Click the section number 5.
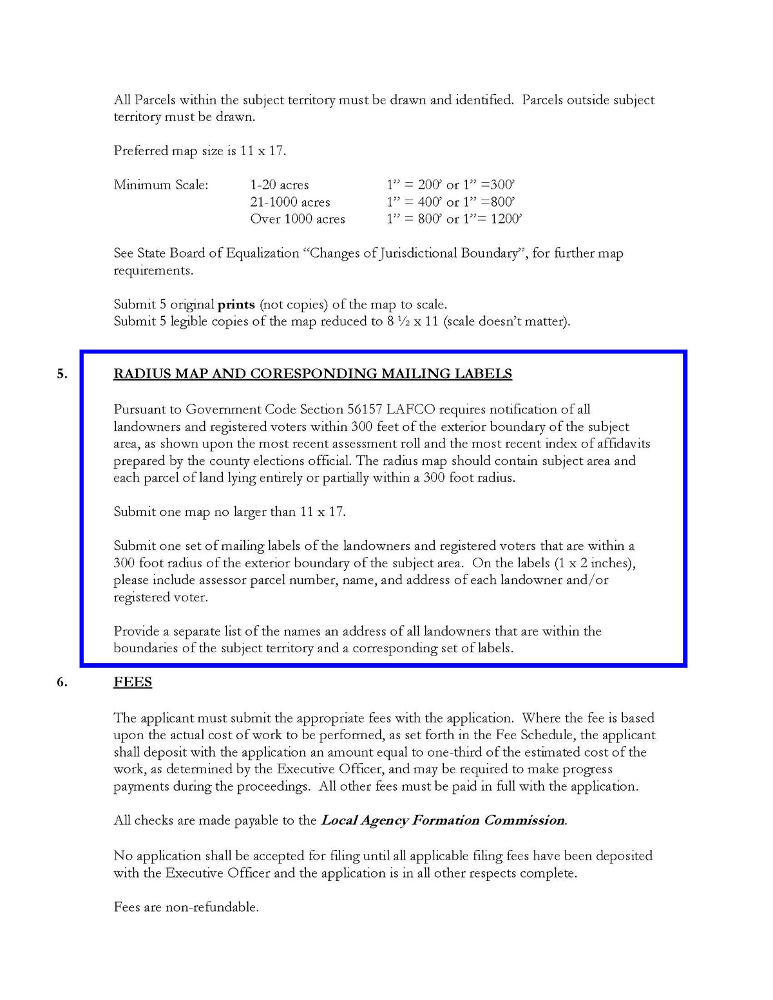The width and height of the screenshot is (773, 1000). [x=61, y=373]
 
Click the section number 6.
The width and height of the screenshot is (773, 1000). [x=61, y=682]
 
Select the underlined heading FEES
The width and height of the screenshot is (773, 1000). [x=133, y=682]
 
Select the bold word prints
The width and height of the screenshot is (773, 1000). [x=236, y=305]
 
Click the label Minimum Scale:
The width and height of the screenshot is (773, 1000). [x=161, y=185]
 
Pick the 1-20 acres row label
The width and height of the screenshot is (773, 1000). [x=280, y=185]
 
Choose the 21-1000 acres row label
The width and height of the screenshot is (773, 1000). [x=290, y=202]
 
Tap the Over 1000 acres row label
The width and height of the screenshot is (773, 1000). [x=298, y=219]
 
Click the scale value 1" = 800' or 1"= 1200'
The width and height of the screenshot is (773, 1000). [x=454, y=219]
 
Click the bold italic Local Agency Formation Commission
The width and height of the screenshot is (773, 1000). [x=443, y=820]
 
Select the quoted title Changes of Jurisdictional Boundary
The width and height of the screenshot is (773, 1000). [x=414, y=253]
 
